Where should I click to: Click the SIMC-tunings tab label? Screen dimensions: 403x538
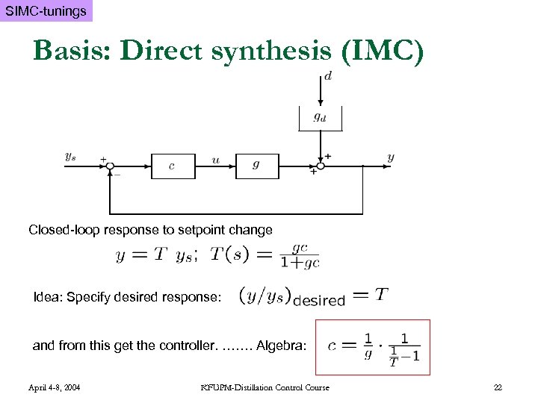(x=46, y=11)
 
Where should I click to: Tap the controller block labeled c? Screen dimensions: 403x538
(x=173, y=166)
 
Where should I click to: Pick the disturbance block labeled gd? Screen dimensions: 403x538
(x=319, y=117)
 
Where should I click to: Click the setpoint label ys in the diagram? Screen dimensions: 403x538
(x=70, y=157)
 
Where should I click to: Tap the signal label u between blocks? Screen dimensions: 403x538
(x=215, y=159)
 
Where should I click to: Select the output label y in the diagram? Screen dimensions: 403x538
(x=391, y=157)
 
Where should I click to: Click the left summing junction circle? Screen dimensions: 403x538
(x=110, y=166)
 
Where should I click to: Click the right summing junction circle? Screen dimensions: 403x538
(x=320, y=166)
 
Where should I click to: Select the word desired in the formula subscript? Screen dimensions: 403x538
(x=319, y=301)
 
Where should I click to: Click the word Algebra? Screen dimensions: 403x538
(x=281, y=346)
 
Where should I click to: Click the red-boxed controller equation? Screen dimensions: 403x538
(x=373, y=348)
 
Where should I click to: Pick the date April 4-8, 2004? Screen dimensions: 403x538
(x=55, y=387)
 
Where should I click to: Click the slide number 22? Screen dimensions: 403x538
(x=498, y=387)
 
